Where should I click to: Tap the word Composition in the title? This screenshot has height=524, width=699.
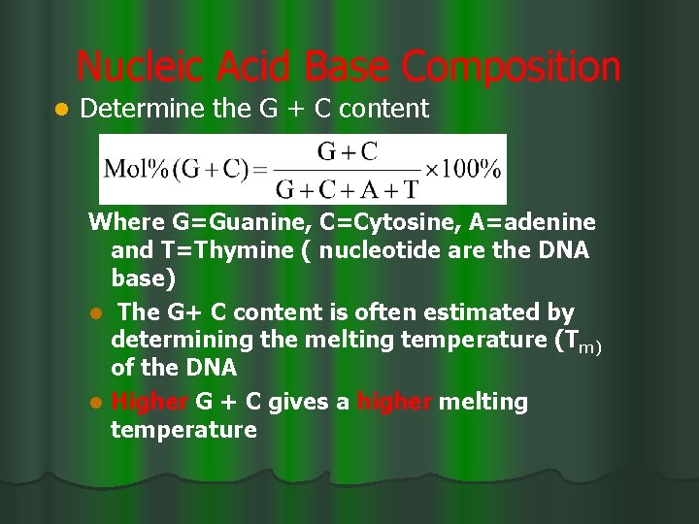pos(511,68)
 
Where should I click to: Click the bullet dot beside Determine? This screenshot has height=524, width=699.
pos(60,110)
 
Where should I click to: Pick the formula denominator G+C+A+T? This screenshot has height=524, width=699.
pos(348,188)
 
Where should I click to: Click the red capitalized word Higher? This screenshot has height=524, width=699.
pos(150,402)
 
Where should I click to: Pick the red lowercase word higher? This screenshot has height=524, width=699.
pos(394,402)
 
